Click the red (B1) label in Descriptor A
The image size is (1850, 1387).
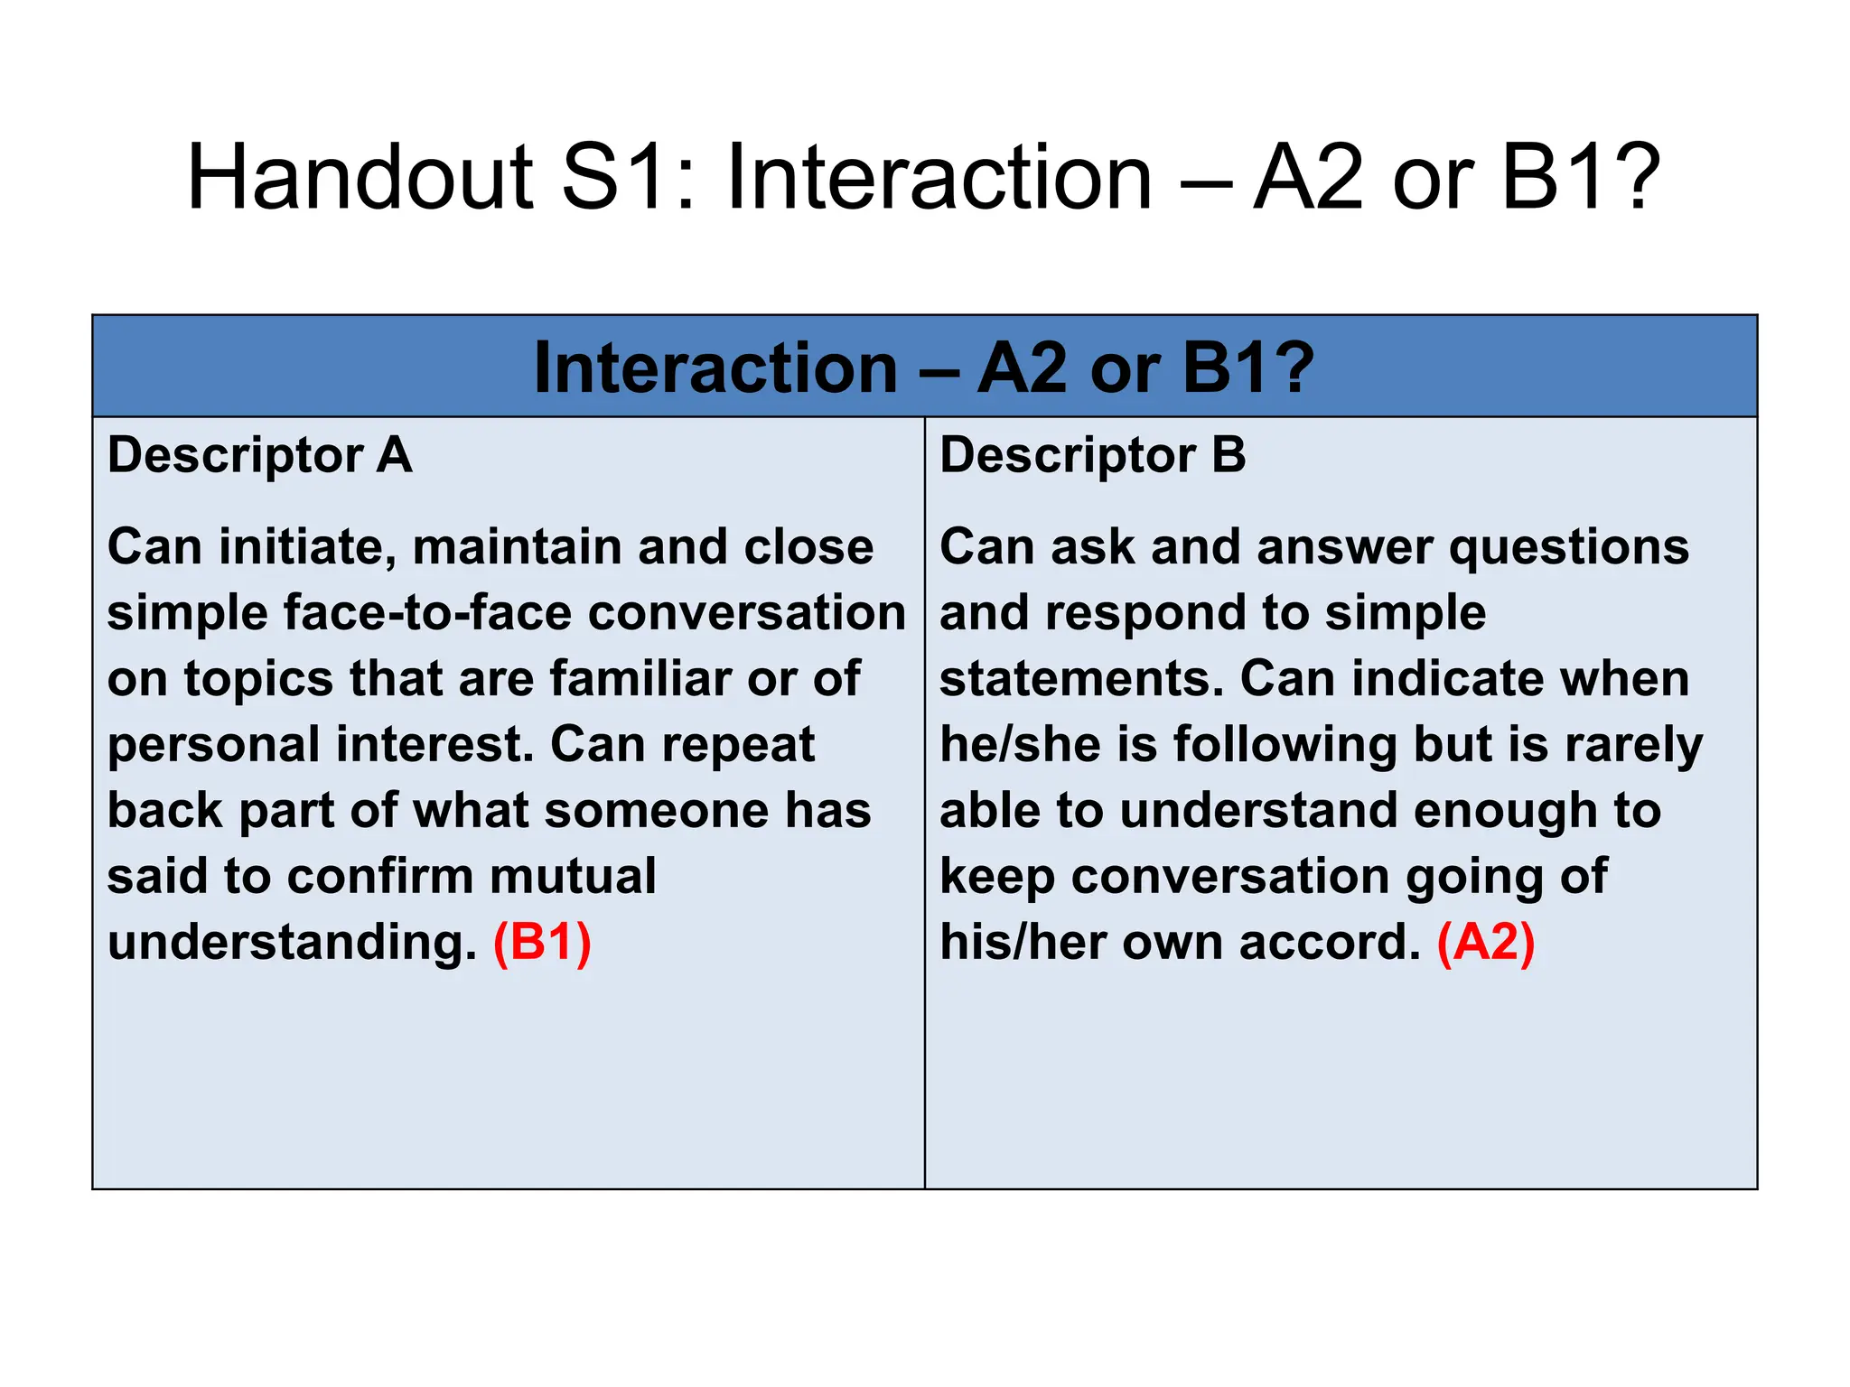(542, 942)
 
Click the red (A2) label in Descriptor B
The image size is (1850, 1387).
(1486, 942)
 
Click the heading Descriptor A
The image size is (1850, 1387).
(260, 454)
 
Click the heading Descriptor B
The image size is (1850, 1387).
(1093, 454)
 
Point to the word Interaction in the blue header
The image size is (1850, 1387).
(715, 368)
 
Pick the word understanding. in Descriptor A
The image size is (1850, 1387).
(292, 942)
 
